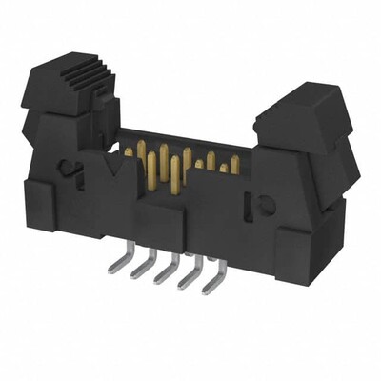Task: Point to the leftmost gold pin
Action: (x=127, y=151)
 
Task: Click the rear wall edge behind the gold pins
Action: (x=190, y=132)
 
